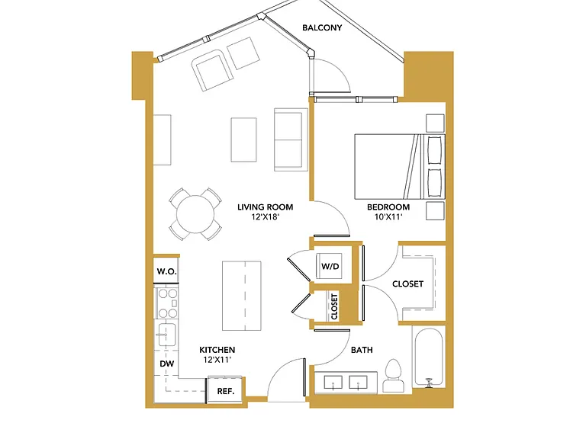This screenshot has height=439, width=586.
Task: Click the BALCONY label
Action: (322, 27)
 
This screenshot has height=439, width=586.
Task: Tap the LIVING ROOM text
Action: (266, 207)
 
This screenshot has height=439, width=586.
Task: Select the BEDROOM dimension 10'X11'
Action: (388, 217)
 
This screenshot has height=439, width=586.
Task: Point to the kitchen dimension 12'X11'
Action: (217, 360)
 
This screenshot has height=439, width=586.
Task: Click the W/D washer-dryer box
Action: (330, 266)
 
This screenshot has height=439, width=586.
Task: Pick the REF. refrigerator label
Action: (226, 391)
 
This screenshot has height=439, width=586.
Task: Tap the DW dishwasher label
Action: (166, 364)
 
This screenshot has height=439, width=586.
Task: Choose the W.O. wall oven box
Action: (166, 271)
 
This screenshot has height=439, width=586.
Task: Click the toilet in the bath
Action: (394, 376)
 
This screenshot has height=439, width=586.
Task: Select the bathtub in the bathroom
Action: (429, 357)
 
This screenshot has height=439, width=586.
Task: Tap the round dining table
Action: (195, 214)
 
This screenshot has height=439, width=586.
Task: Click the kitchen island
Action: (241, 296)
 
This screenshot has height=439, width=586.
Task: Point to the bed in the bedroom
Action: (400, 166)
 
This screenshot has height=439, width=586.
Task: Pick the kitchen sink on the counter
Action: (166, 335)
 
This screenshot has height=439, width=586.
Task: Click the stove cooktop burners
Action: (167, 303)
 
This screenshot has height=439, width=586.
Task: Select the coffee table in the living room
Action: (243, 139)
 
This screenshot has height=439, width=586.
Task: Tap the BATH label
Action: (362, 350)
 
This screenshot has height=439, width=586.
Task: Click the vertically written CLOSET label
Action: (334, 306)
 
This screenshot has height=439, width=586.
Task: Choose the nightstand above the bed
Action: (435, 123)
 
